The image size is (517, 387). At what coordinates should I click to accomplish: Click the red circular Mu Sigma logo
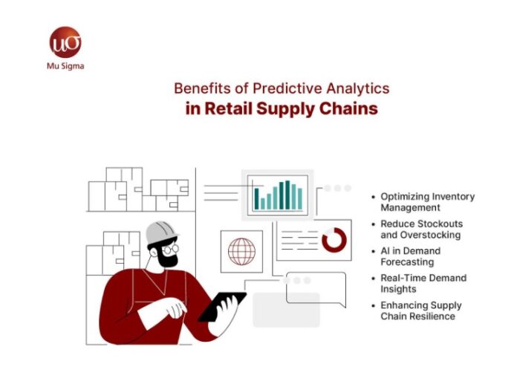65,43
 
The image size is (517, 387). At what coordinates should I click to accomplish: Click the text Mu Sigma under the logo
65,65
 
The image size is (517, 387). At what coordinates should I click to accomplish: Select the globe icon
241,251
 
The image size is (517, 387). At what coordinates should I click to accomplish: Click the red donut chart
334,239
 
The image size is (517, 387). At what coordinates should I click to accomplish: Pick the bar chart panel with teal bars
279,195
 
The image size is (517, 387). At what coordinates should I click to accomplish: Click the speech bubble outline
316,289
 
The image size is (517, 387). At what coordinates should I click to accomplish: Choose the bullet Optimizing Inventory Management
426,202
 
